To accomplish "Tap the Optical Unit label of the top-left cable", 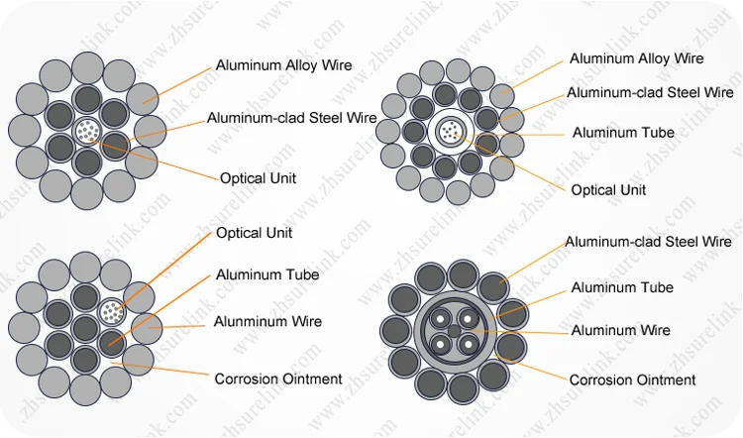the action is [x=258, y=178].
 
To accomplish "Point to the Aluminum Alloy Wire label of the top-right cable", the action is [x=636, y=58].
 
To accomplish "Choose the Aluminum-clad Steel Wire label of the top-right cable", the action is [x=649, y=93].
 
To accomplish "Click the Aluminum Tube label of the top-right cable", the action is [x=623, y=133].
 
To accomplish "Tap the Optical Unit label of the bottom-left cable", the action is [x=255, y=233].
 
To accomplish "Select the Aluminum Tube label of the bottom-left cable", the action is [x=267, y=274].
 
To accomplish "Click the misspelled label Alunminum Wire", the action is [x=267, y=321].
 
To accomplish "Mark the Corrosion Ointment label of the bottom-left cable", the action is [x=278, y=379].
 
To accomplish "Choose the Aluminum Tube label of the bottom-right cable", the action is [x=622, y=287].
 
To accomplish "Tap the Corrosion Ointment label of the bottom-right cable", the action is [x=632, y=380].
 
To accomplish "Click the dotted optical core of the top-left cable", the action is [x=88, y=128].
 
